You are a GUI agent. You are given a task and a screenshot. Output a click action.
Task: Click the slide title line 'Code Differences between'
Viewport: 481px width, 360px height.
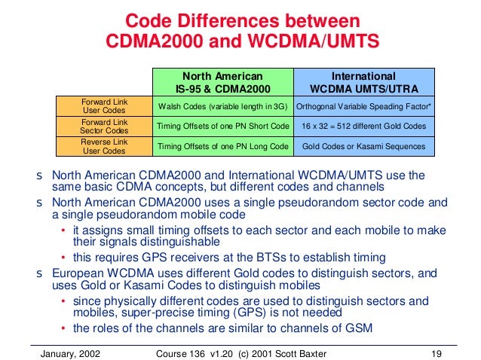click(240, 19)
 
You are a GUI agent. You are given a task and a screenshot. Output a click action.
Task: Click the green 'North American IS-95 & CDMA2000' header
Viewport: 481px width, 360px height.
click(222, 81)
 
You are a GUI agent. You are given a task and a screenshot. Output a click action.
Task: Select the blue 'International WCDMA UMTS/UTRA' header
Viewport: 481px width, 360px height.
click(363, 81)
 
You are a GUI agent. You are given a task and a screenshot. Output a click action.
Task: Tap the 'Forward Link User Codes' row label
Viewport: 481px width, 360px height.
click(103, 105)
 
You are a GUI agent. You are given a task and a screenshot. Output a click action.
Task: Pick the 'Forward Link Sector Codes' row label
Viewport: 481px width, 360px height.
click(103, 125)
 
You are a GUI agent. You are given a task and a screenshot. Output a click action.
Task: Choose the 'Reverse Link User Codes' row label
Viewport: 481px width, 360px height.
click(103, 145)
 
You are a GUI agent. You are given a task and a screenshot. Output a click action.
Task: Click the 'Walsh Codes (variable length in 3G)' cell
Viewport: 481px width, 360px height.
click(222, 105)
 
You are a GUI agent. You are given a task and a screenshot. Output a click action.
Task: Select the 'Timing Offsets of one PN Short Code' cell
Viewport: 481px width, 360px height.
click(222, 125)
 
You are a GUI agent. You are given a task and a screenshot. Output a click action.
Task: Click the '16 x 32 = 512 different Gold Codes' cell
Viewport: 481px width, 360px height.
click(363, 125)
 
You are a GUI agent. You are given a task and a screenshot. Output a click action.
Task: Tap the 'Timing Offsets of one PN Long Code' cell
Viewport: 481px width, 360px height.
click(222, 145)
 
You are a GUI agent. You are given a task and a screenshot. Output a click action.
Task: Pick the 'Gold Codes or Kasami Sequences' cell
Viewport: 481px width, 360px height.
click(363, 145)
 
